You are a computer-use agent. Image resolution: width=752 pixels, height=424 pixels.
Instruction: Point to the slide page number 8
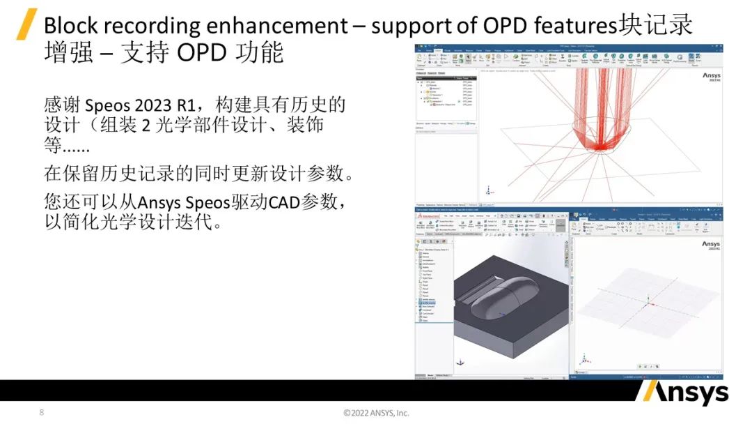click(x=41, y=412)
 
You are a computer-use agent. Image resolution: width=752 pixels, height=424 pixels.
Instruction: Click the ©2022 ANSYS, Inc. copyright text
click(x=376, y=413)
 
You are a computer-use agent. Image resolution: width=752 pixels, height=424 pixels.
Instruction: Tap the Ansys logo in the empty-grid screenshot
click(x=710, y=246)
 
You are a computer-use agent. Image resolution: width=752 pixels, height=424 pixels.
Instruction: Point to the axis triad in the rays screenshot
click(x=489, y=190)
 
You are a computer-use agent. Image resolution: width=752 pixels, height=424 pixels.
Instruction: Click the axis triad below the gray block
click(x=460, y=362)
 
